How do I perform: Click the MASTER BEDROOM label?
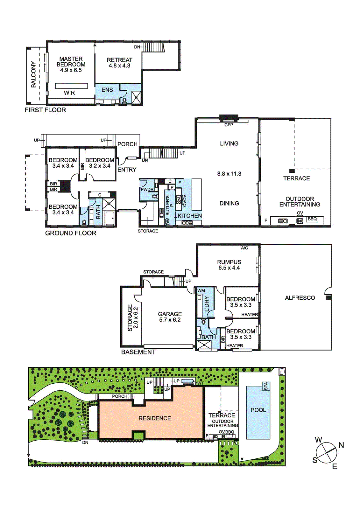(71, 62)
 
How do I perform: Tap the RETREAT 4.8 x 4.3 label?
(119, 63)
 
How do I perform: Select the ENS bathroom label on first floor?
(107, 90)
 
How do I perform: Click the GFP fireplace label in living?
(229, 125)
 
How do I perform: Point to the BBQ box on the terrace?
(312, 219)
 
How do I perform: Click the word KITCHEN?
(190, 216)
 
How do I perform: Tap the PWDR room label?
(147, 190)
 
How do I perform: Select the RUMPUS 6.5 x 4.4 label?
(229, 265)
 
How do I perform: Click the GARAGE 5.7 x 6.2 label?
(170, 317)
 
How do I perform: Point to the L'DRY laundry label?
(207, 304)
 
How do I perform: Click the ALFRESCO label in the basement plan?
(300, 298)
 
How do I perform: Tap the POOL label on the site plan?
(258, 410)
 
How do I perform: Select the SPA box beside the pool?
(266, 386)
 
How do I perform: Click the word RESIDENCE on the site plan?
(155, 418)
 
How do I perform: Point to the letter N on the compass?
(341, 445)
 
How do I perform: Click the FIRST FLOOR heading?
(46, 110)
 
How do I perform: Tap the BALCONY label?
(33, 74)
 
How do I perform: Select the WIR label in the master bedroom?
(69, 93)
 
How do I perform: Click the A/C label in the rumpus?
(244, 248)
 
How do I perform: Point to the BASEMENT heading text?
(138, 352)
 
